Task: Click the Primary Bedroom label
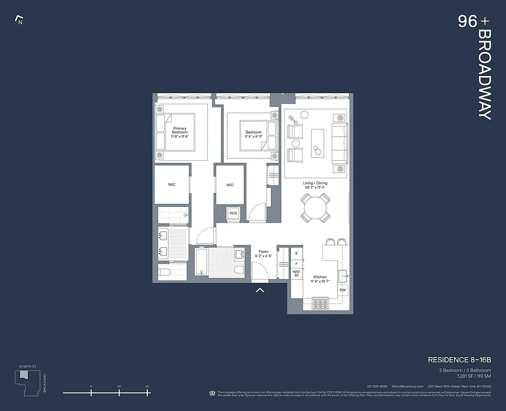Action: (x=180, y=131)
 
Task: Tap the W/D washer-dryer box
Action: (x=233, y=213)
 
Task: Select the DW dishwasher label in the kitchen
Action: (x=343, y=290)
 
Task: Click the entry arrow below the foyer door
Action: (x=260, y=290)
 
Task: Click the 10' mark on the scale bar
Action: (x=119, y=393)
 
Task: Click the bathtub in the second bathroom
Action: (x=201, y=261)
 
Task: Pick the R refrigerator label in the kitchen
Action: (x=297, y=254)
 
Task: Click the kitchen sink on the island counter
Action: (x=343, y=273)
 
